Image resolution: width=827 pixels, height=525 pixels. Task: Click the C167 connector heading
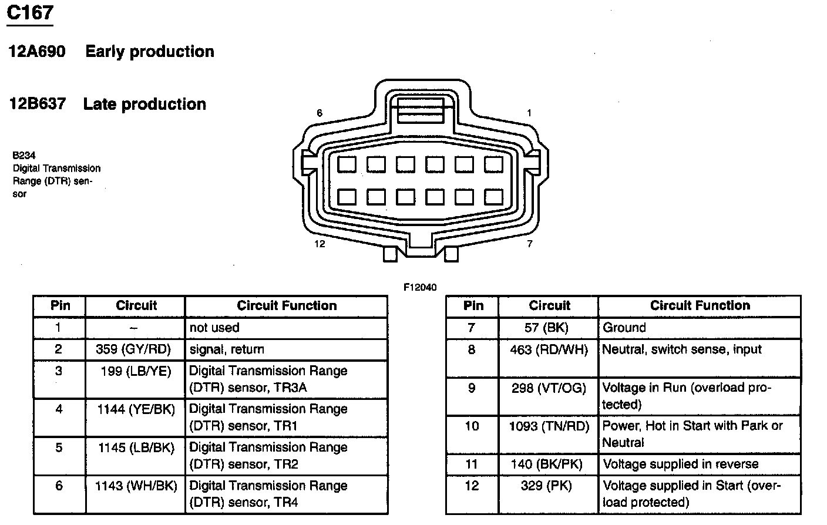tap(30, 12)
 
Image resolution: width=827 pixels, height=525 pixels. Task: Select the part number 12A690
tap(37, 52)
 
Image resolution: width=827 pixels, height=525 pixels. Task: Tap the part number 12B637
tap(37, 105)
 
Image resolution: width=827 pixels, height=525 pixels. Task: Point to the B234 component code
tap(24, 156)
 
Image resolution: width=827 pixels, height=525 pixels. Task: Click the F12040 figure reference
tap(420, 287)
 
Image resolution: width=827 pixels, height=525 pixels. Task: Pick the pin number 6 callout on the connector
tap(320, 113)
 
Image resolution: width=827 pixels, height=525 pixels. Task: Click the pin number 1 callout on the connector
tap(529, 113)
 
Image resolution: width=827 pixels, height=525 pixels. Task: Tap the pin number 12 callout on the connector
tap(320, 244)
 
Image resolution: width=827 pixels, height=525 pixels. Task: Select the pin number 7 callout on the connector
tap(529, 244)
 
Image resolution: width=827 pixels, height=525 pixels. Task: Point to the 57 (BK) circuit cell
tap(548, 328)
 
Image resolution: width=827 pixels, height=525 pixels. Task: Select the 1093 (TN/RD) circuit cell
tap(549, 426)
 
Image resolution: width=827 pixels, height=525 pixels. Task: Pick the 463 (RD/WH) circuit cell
tap(549, 350)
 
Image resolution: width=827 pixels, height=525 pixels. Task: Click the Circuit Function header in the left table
tap(287, 305)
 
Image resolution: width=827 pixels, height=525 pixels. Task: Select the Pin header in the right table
tap(473, 305)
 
